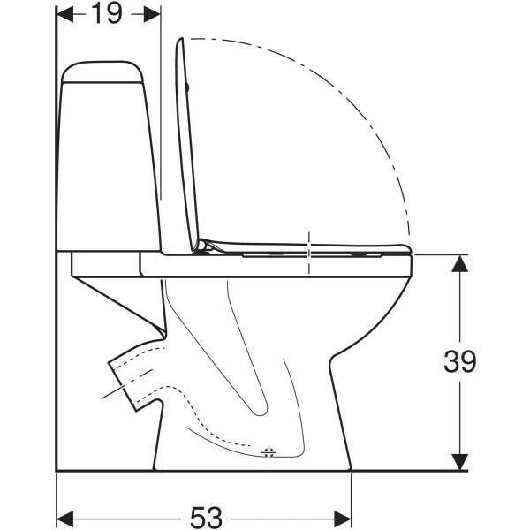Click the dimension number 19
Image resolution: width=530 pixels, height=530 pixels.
pos(107,13)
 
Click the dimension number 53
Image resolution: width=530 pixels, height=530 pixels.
pos(206,517)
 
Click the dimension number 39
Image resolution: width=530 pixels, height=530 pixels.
pos(459,361)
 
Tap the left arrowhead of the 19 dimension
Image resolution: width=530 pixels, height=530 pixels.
pos(64,14)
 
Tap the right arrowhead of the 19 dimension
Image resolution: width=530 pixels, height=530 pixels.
pos(152,14)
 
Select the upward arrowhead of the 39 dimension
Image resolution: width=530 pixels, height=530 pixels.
pos(460,263)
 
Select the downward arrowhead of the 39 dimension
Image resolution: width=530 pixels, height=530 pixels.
pos(460,462)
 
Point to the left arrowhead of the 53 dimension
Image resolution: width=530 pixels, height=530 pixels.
pos(64,519)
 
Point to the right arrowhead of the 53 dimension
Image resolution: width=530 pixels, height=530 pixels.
pos(343,519)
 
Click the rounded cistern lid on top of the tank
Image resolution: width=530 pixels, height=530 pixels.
pos(102,72)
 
